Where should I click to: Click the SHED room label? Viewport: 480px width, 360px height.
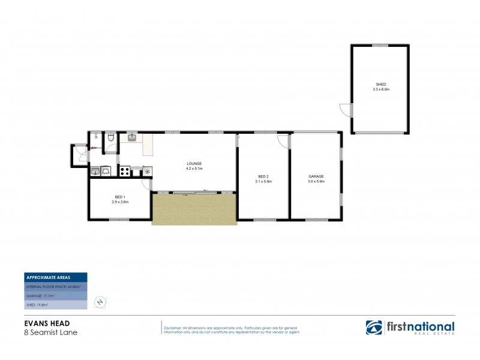381,84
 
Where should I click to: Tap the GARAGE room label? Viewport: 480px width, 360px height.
316,176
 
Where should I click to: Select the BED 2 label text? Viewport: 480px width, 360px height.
263,176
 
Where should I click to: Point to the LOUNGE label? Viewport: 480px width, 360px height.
194,164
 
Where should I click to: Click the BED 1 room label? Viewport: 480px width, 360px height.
121,197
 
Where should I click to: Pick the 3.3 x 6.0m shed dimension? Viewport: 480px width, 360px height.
381,89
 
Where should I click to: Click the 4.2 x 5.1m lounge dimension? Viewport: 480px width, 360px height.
194,169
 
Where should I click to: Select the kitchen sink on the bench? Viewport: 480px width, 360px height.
134,139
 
